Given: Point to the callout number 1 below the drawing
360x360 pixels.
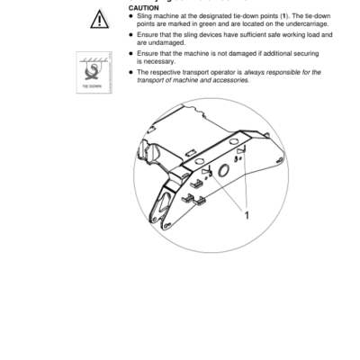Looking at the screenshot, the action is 245,216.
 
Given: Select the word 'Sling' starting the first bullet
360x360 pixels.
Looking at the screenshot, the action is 146,15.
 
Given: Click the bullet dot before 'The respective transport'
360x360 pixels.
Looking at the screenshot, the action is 131,71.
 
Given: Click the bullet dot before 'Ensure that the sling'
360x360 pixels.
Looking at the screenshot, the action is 131,34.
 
